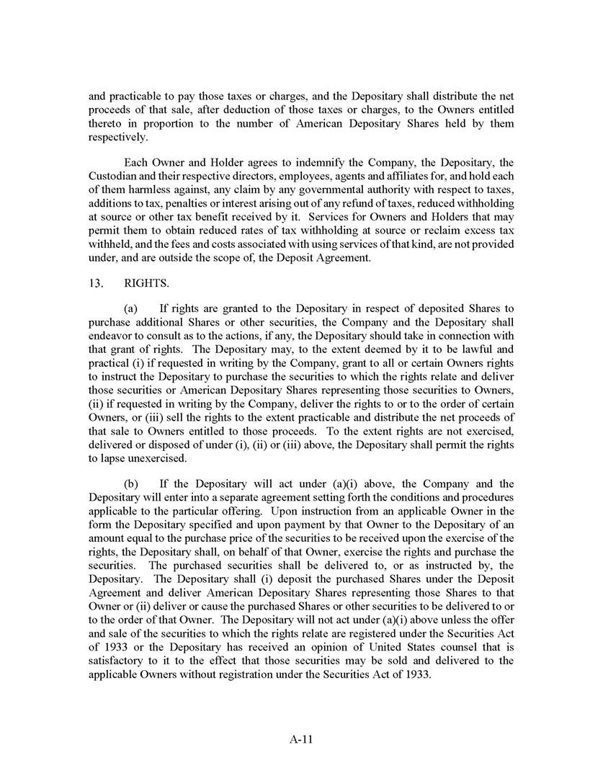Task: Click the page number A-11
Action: (x=300, y=738)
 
